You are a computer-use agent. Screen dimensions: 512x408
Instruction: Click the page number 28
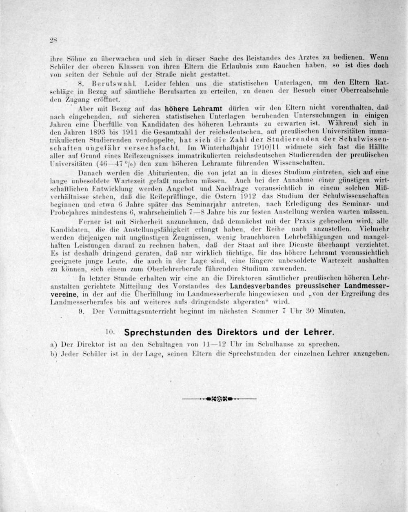click(x=53, y=40)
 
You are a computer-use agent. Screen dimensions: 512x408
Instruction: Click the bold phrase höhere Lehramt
click(x=193, y=109)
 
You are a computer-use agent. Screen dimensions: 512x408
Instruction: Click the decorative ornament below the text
click(x=220, y=398)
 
